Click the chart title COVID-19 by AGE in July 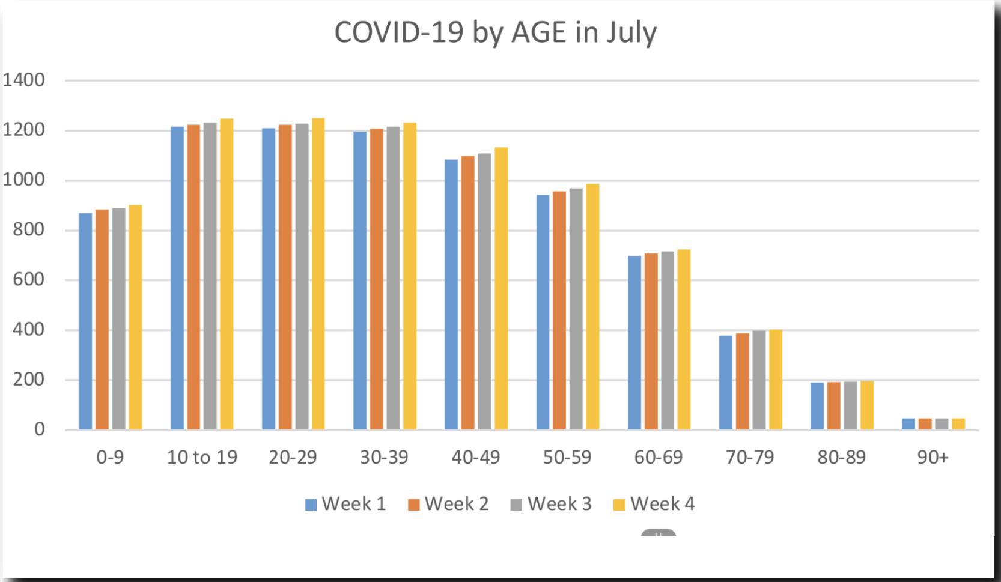point(496,33)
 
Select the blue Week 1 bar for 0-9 point(85,321)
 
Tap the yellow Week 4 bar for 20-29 point(318,274)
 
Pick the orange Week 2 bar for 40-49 point(468,293)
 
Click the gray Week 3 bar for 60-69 point(668,341)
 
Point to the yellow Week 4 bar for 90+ point(958,424)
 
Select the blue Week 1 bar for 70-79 point(726,383)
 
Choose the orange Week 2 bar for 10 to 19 point(194,277)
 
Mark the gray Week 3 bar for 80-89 point(850,405)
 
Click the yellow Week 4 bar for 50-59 point(592,307)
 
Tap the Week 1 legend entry point(345,504)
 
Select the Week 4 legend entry point(654,504)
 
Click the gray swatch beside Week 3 point(516,505)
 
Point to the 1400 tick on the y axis point(23,80)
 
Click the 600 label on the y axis point(29,280)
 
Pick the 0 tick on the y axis point(40,429)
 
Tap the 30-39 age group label point(385,458)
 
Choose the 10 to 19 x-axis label point(202,458)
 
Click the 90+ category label point(933,458)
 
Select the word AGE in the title point(539,32)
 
